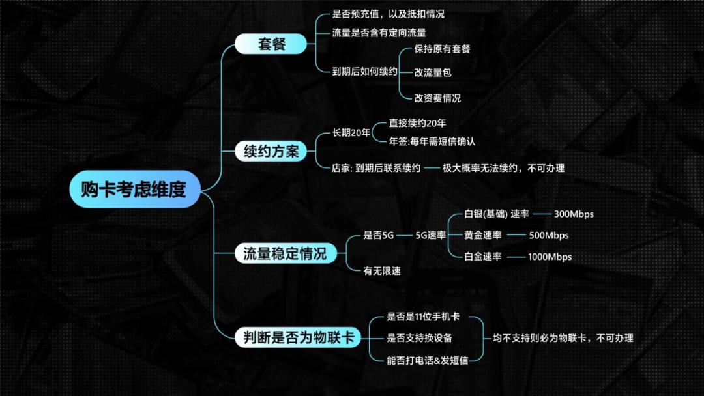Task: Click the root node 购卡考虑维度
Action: tap(134, 190)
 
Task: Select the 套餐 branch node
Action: tap(270, 44)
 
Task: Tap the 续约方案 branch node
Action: tap(271, 152)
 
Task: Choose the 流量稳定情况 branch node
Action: tap(285, 253)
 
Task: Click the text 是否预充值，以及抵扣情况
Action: tap(388, 14)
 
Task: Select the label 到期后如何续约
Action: tap(364, 72)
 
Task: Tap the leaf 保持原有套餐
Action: tap(442, 49)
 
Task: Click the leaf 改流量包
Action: tap(433, 72)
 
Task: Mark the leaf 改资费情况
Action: tap(437, 98)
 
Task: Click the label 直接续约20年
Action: tap(417, 122)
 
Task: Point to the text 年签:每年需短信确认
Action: tap(432, 141)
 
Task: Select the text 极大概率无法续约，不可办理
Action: tap(503, 167)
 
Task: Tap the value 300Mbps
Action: tap(574, 214)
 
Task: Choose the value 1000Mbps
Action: tap(550, 257)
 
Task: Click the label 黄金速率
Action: tap(483, 235)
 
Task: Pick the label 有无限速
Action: tap(382, 270)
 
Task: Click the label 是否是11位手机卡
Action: tap(423, 317)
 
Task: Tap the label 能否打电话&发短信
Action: tap(427, 359)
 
